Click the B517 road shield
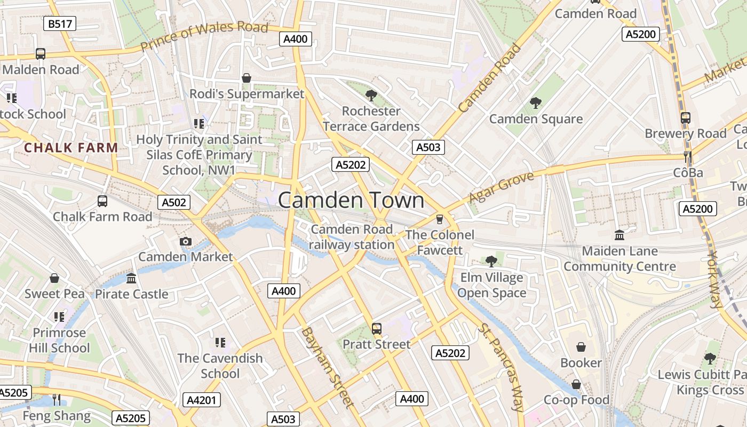coord(60,23)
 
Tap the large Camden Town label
coord(351,200)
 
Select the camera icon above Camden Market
coord(186,241)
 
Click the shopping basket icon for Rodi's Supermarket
coord(247,78)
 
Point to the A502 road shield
coord(174,202)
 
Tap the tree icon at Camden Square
coord(536,103)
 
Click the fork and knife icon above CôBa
coord(687,157)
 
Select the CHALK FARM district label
coord(71,148)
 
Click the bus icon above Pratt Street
coord(377,328)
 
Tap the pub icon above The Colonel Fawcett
coord(440,219)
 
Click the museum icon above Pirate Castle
coord(131,278)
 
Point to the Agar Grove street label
coord(501,187)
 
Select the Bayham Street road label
coord(328,367)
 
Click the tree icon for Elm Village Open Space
coord(491,261)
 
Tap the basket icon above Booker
coord(581,347)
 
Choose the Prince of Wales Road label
coord(204,36)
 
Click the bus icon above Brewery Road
coord(686,117)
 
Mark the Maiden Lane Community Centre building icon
coord(619,235)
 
